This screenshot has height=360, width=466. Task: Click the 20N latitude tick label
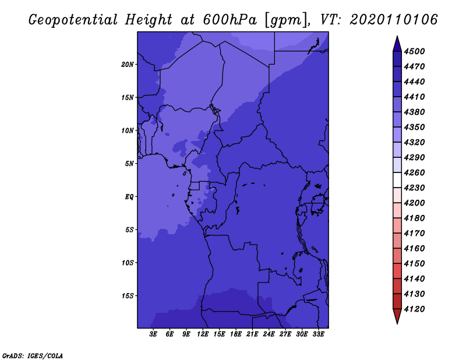[128, 65]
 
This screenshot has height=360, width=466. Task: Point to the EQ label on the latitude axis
[129, 197]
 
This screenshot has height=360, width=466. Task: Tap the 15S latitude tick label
[128, 296]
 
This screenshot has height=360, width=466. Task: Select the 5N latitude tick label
[129, 164]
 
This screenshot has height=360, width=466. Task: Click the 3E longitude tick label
[153, 334]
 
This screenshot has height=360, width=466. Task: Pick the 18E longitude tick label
[236, 334]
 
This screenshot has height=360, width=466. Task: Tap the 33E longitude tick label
[318, 334]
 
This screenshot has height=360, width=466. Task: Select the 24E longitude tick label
[269, 334]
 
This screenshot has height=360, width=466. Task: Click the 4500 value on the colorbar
[415, 51]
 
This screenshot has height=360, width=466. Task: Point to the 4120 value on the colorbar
[415, 309]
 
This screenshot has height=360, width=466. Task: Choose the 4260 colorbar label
[415, 172]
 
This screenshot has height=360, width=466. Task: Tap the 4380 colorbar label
[415, 112]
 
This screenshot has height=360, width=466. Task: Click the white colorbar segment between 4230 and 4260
[397, 180]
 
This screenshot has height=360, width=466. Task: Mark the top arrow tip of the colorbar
[397, 36]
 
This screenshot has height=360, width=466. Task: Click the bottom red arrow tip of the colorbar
[397, 323]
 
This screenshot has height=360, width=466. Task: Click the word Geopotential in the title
[73, 20]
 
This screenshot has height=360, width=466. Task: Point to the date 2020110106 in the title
[394, 20]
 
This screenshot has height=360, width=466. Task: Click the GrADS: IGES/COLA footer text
[33, 356]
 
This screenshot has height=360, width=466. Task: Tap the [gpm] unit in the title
[286, 20]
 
